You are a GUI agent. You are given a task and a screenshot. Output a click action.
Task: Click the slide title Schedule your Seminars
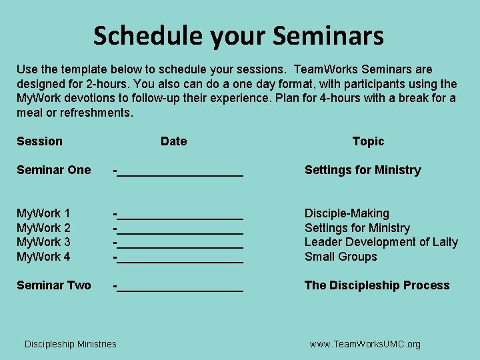pos(239,35)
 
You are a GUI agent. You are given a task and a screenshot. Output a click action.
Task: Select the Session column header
pos(39,141)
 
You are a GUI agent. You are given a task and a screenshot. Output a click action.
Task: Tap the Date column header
pos(173,141)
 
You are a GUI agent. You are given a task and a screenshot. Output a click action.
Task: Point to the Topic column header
pos(368,141)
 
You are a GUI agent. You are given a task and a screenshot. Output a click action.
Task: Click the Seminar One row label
pos(53,170)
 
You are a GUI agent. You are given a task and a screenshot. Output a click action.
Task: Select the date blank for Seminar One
pos(179,172)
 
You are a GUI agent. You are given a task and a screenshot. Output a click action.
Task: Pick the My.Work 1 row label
pos(43,213)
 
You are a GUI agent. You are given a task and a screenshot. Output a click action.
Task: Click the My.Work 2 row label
pos(43,228)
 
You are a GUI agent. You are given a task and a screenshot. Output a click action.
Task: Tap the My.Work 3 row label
pos(43,242)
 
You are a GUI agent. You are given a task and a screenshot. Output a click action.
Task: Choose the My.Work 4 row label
pos(43,257)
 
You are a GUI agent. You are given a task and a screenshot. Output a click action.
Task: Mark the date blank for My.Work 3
pos(179,244)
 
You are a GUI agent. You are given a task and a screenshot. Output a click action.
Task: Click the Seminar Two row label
pos(53,285)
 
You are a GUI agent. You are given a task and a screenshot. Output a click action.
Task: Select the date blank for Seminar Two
pos(179,287)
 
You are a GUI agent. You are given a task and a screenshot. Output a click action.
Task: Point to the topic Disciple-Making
pos(347,213)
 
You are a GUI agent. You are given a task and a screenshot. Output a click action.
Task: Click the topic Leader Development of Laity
pos(381,242)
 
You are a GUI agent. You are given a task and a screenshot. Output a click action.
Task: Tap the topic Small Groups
pos(341,257)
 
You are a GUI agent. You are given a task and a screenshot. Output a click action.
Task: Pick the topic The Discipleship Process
pos(377,285)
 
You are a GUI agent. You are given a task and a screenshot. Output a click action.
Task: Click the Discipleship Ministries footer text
pos(70,344)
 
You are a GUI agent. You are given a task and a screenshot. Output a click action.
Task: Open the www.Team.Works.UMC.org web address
pos(365,344)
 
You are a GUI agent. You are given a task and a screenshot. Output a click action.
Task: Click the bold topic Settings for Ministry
pos(363,170)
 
